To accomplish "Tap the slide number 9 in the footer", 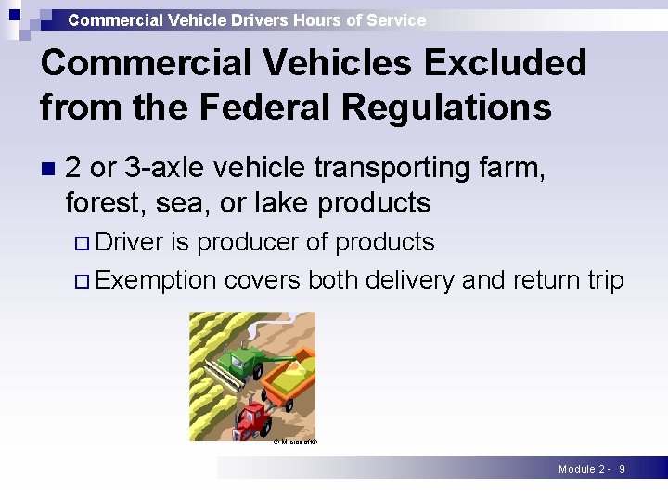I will (x=622, y=469).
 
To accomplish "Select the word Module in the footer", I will (x=577, y=469).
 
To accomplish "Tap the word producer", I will (x=248, y=242).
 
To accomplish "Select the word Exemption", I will (x=156, y=279).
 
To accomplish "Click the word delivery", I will (x=406, y=279).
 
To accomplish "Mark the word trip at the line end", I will (x=603, y=279).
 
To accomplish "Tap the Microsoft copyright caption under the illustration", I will (x=296, y=443).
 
